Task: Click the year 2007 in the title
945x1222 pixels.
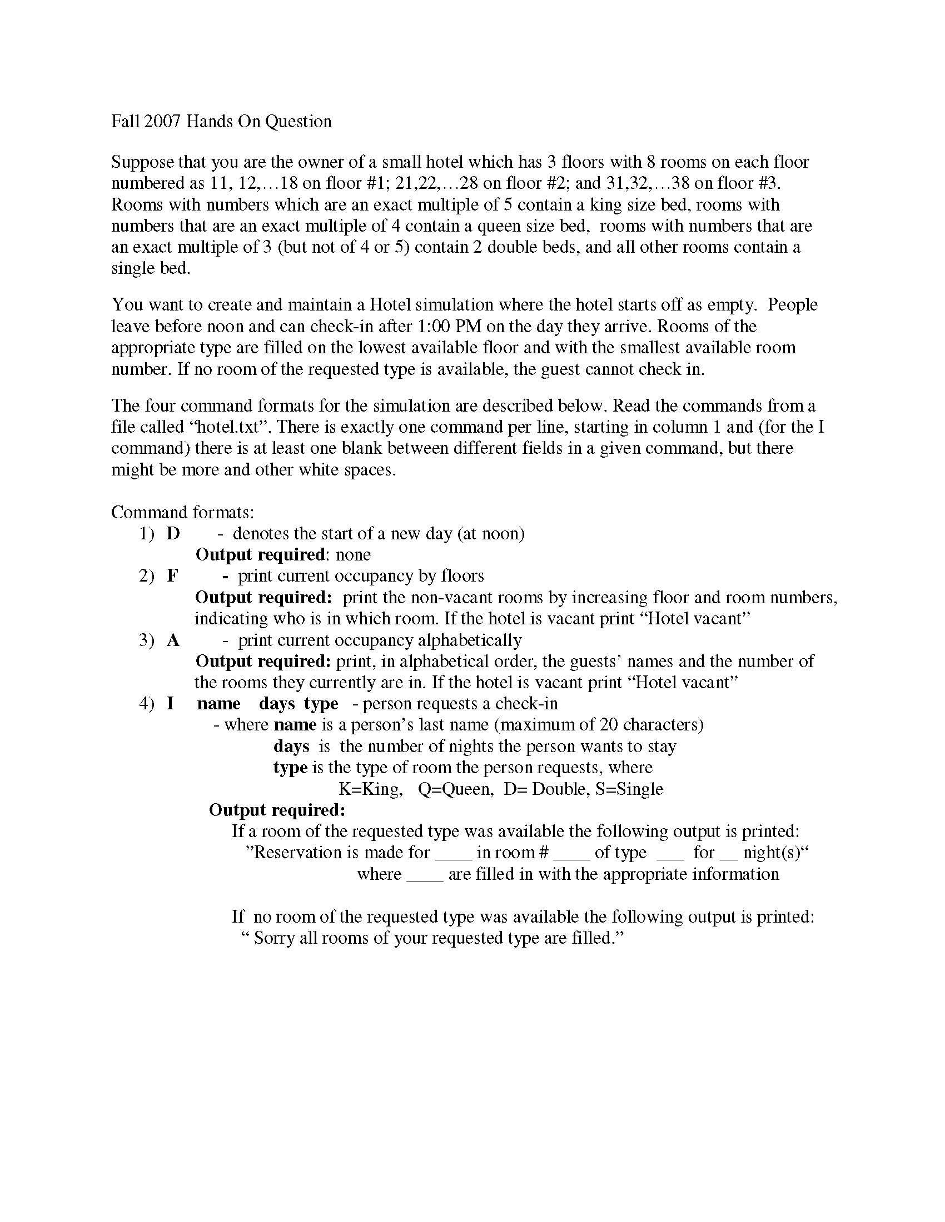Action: tap(162, 122)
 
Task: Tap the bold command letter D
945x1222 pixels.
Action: tap(173, 533)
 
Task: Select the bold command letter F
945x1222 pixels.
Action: tap(172, 576)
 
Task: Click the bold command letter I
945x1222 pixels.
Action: tap(170, 703)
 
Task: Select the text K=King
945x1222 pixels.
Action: tap(370, 789)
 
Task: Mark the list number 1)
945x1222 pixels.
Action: tap(146, 533)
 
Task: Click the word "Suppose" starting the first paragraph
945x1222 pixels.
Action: tap(142, 162)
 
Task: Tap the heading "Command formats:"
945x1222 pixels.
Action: tap(182, 512)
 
